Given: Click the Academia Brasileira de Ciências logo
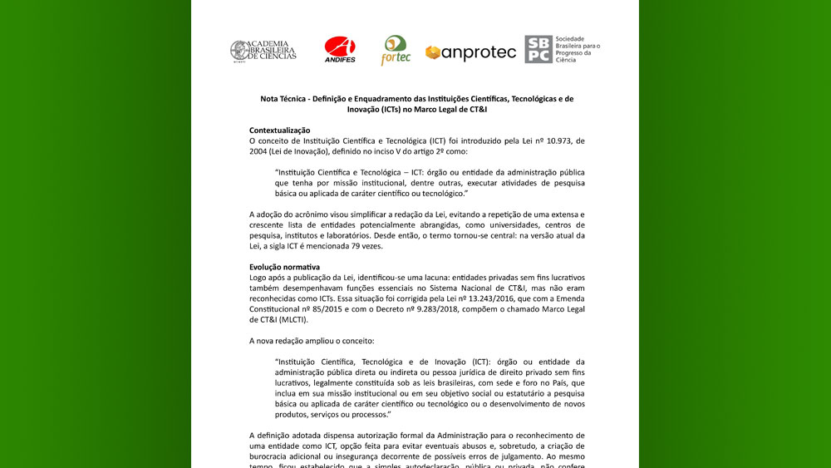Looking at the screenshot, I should [263, 52].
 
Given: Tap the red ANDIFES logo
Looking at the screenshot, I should [340, 51].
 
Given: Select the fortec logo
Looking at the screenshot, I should [395, 51].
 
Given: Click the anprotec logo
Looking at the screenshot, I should [470, 52].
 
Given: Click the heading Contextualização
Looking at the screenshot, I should [279, 131].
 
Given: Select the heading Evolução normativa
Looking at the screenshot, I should [285, 267].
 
